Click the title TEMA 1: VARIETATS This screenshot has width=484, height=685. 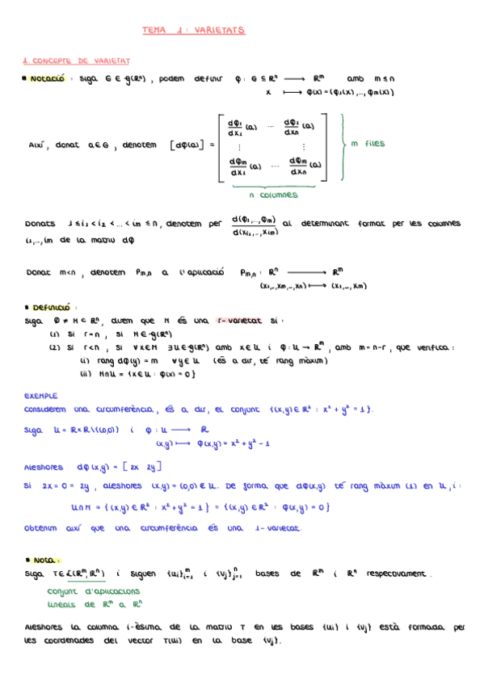[193, 30]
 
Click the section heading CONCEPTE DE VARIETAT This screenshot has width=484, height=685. [80, 61]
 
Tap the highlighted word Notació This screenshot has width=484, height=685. [48, 79]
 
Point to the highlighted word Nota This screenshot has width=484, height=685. [48, 559]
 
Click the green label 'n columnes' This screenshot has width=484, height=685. [274, 195]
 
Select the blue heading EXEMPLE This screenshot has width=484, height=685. [40, 397]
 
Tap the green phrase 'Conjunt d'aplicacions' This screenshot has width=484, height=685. [82, 591]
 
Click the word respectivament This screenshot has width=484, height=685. [398, 574]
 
